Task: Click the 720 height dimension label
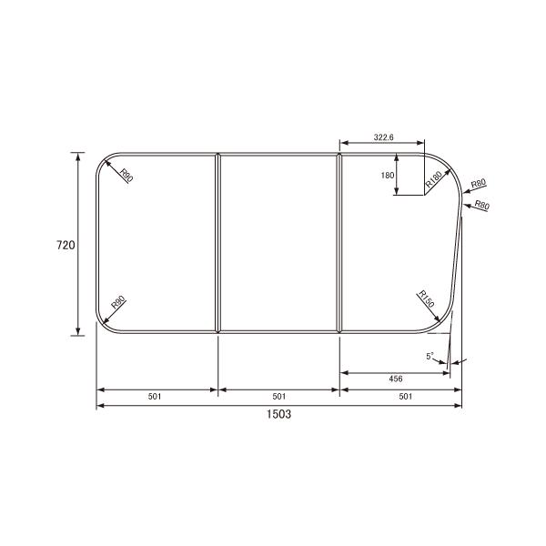(65, 245)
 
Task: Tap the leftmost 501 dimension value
(157, 396)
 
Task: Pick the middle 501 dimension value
(279, 396)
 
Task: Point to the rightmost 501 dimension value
(400, 396)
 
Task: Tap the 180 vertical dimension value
(388, 176)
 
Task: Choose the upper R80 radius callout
(479, 185)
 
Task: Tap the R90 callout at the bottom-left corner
(117, 306)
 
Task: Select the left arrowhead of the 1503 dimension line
(100, 405)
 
